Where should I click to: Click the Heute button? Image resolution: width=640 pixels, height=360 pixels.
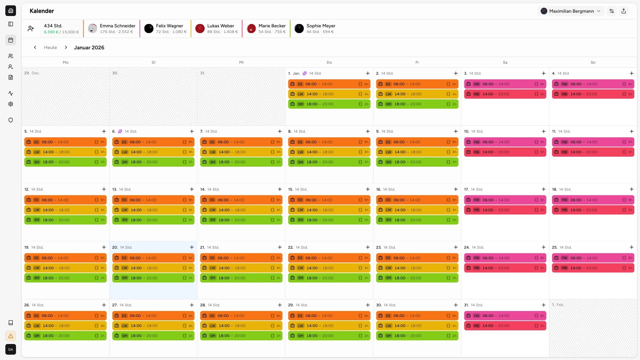coord(50,47)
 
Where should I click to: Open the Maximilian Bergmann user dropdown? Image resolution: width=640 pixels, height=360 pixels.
coord(570,11)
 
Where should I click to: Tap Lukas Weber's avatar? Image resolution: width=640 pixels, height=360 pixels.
coord(200,29)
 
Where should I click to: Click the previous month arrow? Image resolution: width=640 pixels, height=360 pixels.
coord(35,47)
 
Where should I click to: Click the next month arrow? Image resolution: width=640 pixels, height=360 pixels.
coord(66,47)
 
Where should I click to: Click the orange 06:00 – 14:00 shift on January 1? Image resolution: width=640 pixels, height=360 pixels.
coord(329,84)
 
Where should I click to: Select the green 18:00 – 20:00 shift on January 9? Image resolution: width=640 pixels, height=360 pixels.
coord(417,162)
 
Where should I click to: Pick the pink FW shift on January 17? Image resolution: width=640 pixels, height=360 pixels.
coord(505,200)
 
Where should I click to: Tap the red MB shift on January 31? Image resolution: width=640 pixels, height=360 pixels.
coord(505,326)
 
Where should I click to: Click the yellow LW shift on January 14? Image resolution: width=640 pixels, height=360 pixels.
coord(241,210)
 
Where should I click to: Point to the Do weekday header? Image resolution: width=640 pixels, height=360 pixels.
coord(329,62)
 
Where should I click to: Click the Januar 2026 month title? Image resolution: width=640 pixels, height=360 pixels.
coord(89,47)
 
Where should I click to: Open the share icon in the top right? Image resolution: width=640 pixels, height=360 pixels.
coord(624,11)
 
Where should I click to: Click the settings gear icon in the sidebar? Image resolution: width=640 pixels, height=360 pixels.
coord(11,104)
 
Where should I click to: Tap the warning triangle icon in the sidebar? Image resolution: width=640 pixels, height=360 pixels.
coord(11,336)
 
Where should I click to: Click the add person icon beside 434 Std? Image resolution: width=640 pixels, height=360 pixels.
coord(31,29)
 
